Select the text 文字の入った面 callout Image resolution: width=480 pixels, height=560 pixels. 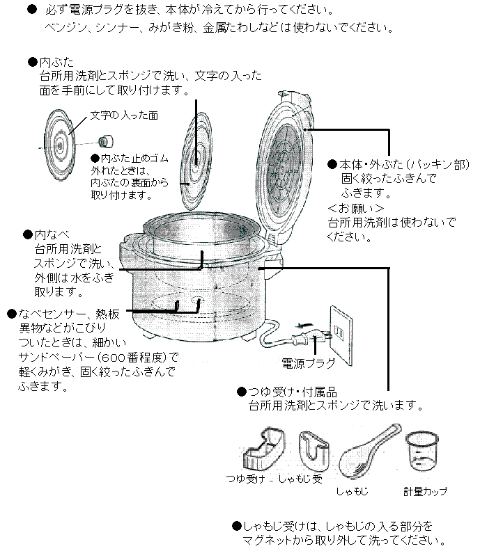point(123,115)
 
